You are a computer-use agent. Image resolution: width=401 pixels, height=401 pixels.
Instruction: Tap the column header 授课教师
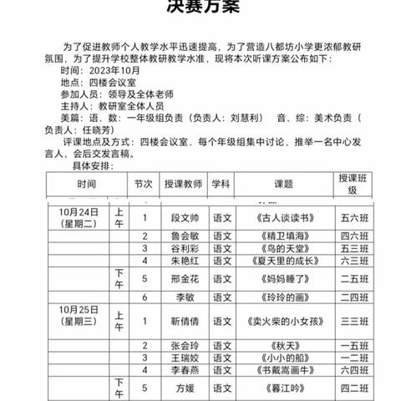tap(172, 183)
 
